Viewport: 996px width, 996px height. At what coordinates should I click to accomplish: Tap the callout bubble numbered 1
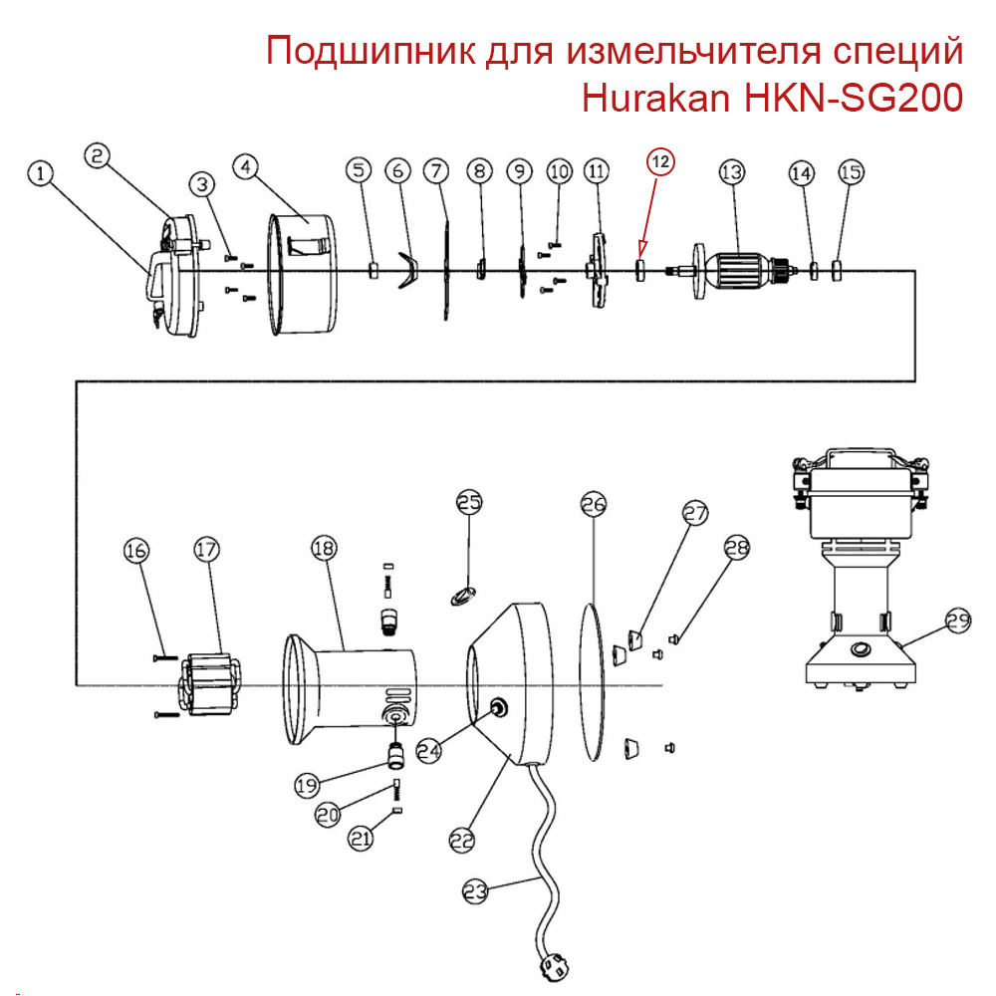[x=40, y=173]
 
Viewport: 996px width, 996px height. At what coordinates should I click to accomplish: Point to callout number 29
[x=957, y=622]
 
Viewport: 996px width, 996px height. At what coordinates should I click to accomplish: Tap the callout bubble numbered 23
[x=476, y=891]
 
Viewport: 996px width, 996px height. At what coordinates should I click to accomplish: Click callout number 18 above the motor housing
[x=324, y=548]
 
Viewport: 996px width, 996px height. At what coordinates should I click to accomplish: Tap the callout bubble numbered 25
[x=469, y=502]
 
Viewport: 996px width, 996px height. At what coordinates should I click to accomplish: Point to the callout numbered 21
[x=361, y=840]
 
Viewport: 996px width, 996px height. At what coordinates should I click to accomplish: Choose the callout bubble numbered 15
[x=851, y=172]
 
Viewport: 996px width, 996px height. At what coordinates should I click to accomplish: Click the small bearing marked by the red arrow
[x=641, y=268]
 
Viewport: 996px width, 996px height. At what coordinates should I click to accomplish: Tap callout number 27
[x=694, y=514]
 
